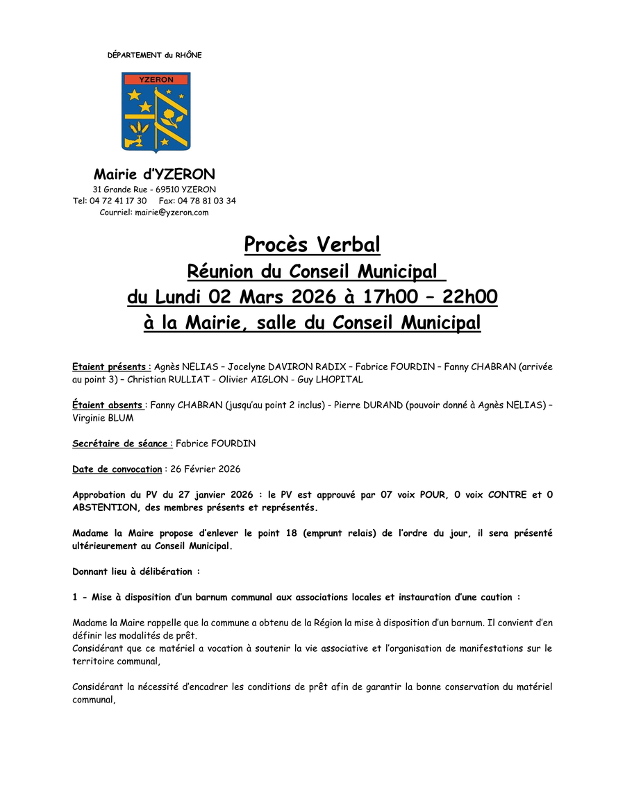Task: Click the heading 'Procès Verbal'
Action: (312, 245)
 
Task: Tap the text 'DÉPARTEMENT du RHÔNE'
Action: (154, 55)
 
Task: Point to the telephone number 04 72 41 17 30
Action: (118, 201)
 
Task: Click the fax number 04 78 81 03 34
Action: (206, 201)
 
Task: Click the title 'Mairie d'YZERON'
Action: (154, 174)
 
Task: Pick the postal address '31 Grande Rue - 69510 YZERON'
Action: (154, 190)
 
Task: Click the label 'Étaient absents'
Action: (108, 405)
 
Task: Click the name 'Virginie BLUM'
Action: (102, 418)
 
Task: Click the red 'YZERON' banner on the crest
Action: (156, 80)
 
